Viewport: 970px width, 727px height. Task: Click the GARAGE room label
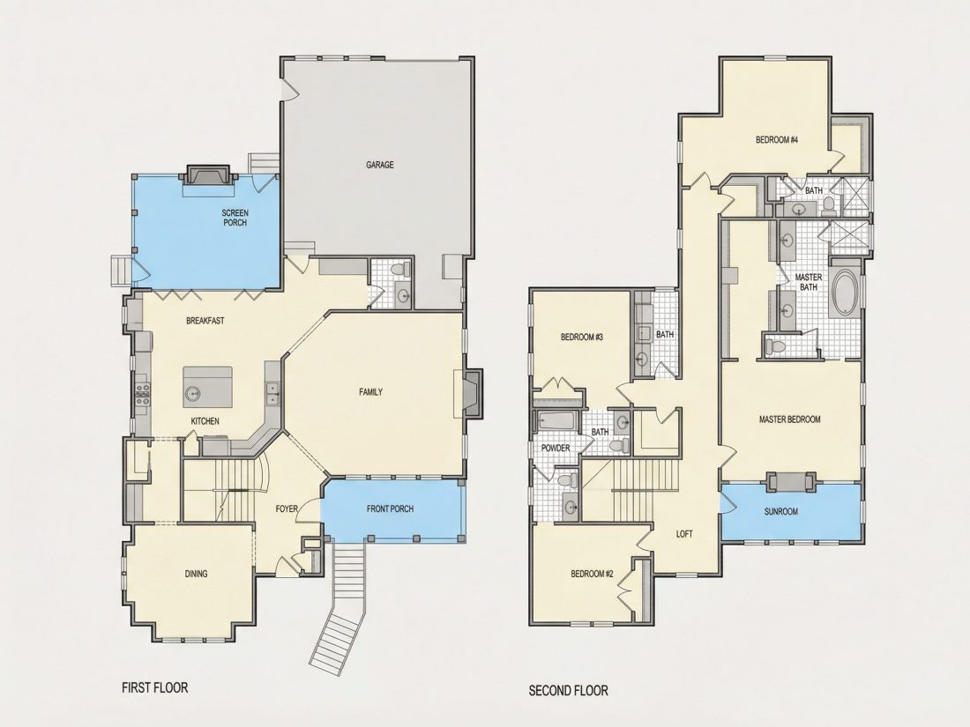coord(379,165)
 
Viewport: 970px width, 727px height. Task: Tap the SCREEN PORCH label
coord(235,218)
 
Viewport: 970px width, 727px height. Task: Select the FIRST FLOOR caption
coord(154,687)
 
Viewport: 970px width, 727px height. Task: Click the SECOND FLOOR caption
coord(568,691)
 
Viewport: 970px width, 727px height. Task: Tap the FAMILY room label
coord(370,392)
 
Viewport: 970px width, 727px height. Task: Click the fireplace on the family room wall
coord(473,392)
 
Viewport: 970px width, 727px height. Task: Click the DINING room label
coord(196,574)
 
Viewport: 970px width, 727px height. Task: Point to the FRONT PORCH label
coord(390,508)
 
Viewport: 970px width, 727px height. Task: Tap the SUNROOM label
coord(780,512)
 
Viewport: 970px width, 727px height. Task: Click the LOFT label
coord(684,534)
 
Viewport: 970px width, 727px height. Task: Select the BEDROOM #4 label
coord(777,140)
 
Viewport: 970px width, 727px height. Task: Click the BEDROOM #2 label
coord(592,574)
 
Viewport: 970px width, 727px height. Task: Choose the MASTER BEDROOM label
coord(789,419)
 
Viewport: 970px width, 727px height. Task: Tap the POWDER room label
coord(556,448)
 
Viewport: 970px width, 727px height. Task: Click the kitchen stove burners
coord(143,395)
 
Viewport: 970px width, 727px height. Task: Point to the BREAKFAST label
coord(205,321)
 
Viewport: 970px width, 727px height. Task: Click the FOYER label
coord(287,508)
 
